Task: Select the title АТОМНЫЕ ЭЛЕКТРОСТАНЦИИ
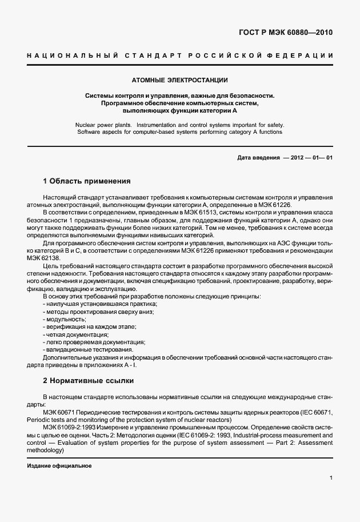click(x=179, y=80)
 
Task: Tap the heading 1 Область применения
click(x=87, y=181)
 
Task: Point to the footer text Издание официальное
click(x=59, y=465)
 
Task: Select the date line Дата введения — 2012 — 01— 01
click(x=285, y=157)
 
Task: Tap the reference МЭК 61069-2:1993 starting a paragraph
click(x=67, y=428)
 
